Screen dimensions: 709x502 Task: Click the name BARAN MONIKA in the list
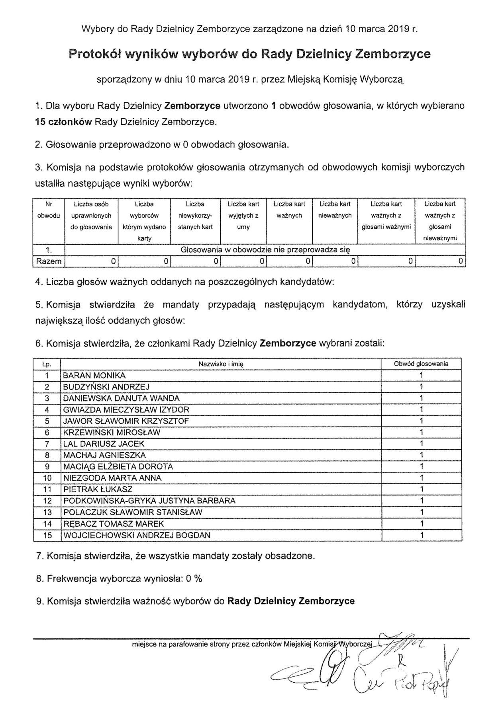click(x=94, y=375)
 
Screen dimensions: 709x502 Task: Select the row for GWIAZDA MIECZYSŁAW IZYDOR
click(x=126, y=409)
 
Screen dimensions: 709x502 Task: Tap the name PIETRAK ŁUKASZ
click(x=98, y=489)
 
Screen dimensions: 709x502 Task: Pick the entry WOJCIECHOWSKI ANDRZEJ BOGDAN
click(x=137, y=535)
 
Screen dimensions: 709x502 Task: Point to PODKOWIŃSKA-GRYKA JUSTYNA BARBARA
click(x=149, y=501)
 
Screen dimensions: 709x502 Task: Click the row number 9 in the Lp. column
click(x=47, y=467)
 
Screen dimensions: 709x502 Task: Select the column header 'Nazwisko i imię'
click(x=221, y=364)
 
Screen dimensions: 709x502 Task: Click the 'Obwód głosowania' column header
click(x=421, y=364)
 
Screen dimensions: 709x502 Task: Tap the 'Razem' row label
click(x=49, y=261)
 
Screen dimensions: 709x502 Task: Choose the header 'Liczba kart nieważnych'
click(x=335, y=210)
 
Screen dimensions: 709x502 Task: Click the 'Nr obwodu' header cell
click(x=49, y=210)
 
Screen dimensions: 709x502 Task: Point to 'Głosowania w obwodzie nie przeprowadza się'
click(x=265, y=250)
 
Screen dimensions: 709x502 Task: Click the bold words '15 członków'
click(x=63, y=122)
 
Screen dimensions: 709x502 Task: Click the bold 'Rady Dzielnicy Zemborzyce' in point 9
click(x=291, y=601)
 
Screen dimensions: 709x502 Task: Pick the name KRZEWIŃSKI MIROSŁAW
click(x=112, y=432)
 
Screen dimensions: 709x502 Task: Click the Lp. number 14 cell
click(x=47, y=524)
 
